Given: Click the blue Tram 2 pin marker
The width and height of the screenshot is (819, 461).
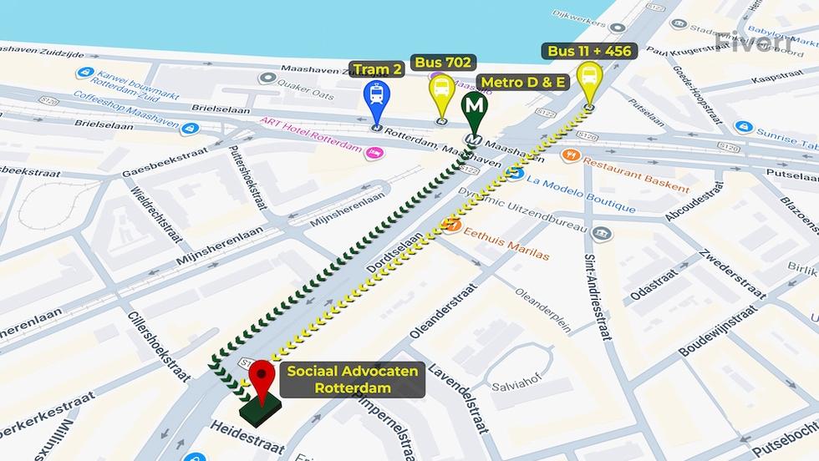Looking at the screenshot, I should (377, 99).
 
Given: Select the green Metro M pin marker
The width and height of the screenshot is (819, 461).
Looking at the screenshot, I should (475, 109).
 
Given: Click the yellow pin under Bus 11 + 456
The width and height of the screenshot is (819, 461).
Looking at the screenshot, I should (589, 79).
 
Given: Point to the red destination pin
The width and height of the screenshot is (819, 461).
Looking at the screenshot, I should (262, 379).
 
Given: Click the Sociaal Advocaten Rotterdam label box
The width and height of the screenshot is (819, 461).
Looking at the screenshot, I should (352, 379).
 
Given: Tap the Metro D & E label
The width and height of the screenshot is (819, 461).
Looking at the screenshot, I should (522, 82).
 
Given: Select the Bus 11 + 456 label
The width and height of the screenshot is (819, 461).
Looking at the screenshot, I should (589, 51).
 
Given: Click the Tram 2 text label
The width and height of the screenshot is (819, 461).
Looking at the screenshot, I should (377, 69).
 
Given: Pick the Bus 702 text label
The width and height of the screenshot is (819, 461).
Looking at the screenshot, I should (443, 62).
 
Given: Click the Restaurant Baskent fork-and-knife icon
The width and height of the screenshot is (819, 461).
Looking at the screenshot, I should (571, 155).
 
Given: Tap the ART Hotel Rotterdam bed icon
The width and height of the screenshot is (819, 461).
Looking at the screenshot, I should (374, 152).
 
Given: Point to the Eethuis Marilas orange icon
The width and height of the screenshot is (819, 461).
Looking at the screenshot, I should (451, 225).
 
